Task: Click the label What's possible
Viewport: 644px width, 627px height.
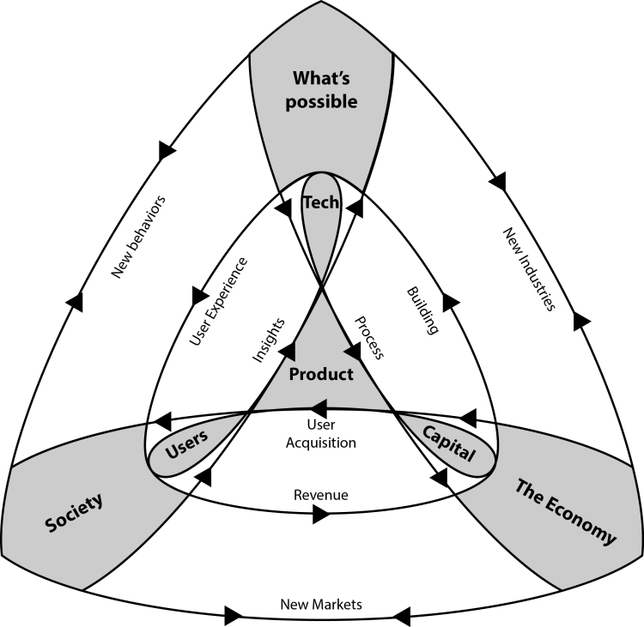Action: point(320,89)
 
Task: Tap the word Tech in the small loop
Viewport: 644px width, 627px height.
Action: point(322,202)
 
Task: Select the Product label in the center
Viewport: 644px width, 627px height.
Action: point(321,374)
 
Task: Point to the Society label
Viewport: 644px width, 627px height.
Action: point(72,511)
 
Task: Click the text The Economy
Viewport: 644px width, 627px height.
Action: point(565,512)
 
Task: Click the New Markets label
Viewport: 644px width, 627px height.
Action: point(321,604)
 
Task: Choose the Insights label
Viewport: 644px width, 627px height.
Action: point(269,341)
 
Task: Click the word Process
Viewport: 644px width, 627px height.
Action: point(368,335)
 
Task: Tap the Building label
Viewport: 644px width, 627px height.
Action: point(422,310)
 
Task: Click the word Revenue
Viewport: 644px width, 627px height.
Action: point(320,495)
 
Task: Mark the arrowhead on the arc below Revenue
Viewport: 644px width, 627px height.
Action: point(321,515)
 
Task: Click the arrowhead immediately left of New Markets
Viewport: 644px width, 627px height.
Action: point(234,615)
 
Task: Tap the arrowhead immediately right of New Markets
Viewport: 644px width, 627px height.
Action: point(400,613)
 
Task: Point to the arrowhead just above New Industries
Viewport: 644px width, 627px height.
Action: point(498,182)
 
